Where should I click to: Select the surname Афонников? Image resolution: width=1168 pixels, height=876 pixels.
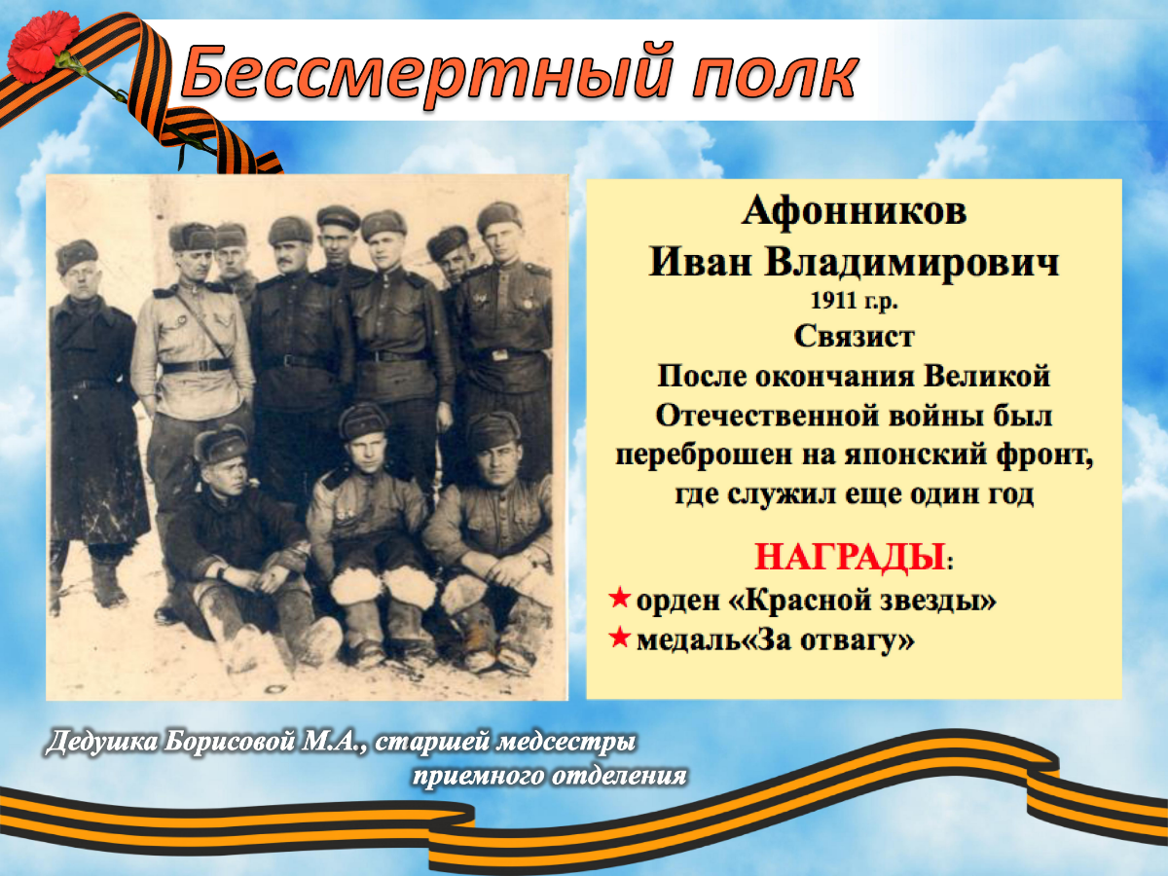tap(854, 211)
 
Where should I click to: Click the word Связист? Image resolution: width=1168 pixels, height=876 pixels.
tap(854, 337)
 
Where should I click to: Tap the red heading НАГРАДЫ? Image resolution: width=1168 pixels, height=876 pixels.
tap(850, 558)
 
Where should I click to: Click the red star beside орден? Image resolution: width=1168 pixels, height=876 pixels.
tap(620, 598)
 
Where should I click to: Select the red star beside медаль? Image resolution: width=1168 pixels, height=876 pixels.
tap(620, 637)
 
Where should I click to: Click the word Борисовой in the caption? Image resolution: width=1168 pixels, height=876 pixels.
tap(229, 743)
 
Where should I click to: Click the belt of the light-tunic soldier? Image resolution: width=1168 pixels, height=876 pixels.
tap(196, 367)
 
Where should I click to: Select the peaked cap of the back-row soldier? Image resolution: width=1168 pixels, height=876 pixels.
tap(338, 216)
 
